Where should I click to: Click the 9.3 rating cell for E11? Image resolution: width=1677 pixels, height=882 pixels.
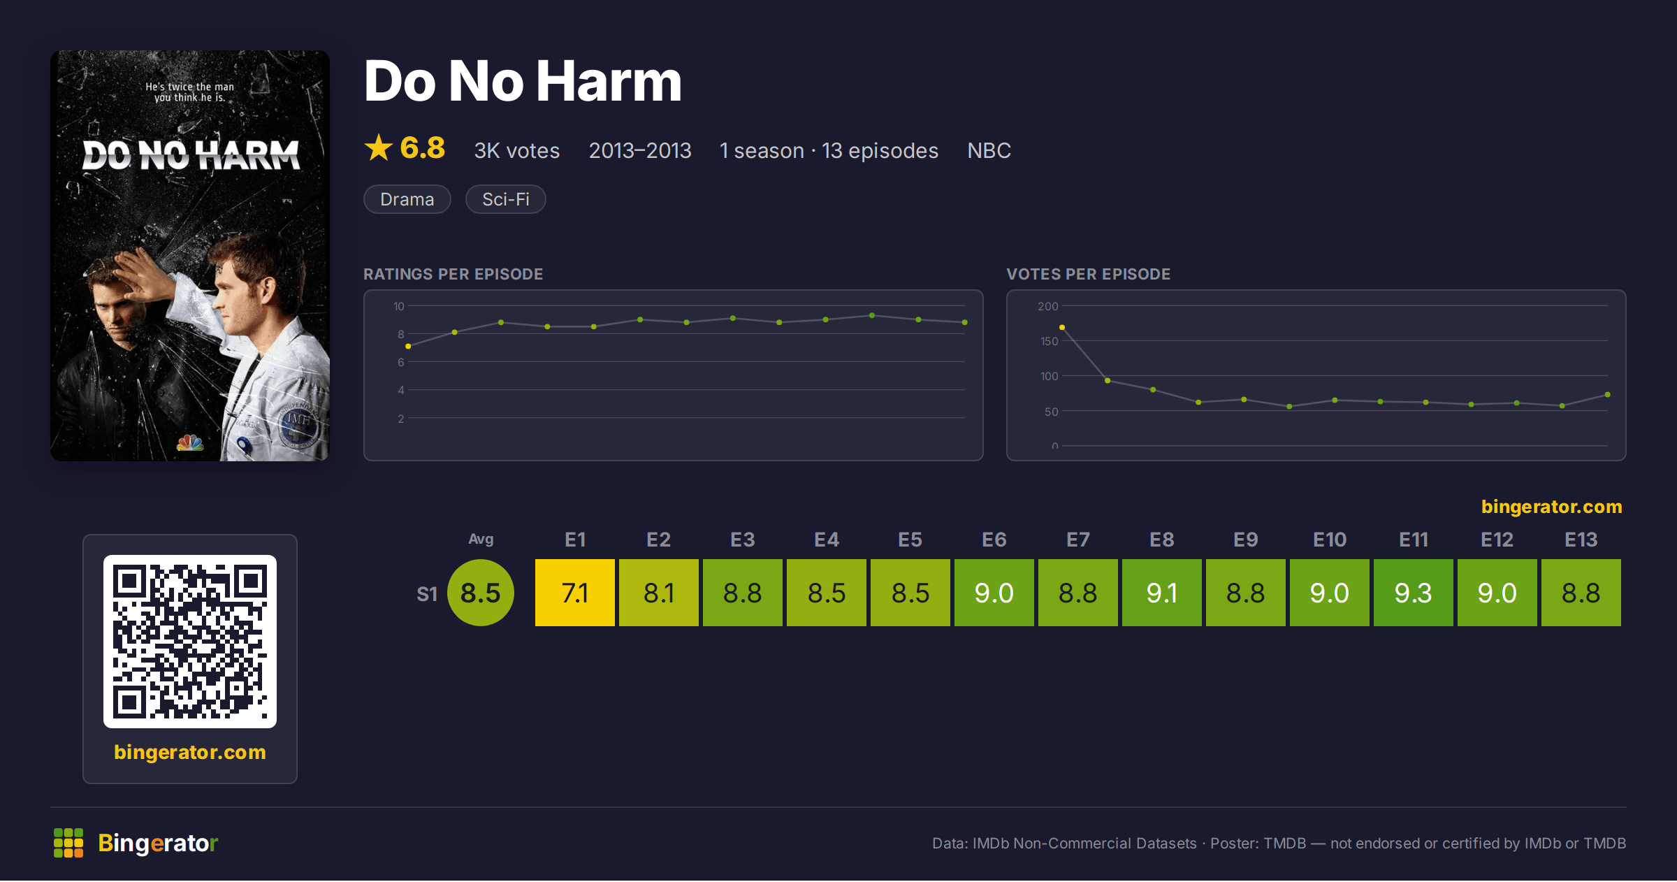pos(1413,593)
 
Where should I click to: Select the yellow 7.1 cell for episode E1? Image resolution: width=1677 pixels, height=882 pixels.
pos(574,593)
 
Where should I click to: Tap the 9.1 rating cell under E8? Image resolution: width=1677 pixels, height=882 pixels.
pos(1161,593)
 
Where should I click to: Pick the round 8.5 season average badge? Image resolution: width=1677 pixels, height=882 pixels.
pos(481,593)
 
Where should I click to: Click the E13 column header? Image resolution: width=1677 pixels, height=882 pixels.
pos(1581,540)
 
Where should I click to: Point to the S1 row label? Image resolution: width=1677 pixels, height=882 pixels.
pos(427,594)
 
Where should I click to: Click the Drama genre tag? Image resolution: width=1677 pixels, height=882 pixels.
pos(407,199)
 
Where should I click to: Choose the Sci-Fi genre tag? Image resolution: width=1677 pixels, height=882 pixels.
pos(506,199)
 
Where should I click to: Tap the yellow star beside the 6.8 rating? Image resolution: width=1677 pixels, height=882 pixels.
pos(379,147)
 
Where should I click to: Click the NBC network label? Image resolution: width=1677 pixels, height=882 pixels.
pos(989,151)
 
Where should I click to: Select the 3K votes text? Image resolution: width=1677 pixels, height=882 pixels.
pos(517,151)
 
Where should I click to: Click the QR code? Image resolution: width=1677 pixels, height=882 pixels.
pos(190,642)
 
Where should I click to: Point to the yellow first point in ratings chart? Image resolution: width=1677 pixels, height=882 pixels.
pos(408,347)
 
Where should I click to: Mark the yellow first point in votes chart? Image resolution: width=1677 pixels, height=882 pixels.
pos(1062,327)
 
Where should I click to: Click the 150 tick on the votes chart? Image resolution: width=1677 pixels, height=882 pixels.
pos(1049,341)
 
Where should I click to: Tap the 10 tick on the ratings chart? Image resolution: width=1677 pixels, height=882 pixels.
pos(399,306)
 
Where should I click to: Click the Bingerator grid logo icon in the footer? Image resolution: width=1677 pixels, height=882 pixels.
pos(68,843)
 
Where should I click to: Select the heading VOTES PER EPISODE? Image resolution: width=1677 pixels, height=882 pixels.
pos(1088,274)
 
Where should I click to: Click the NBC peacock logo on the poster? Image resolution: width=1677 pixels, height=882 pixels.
pos(190,442)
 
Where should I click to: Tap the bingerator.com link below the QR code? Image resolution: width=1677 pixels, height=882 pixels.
pos(190,752)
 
